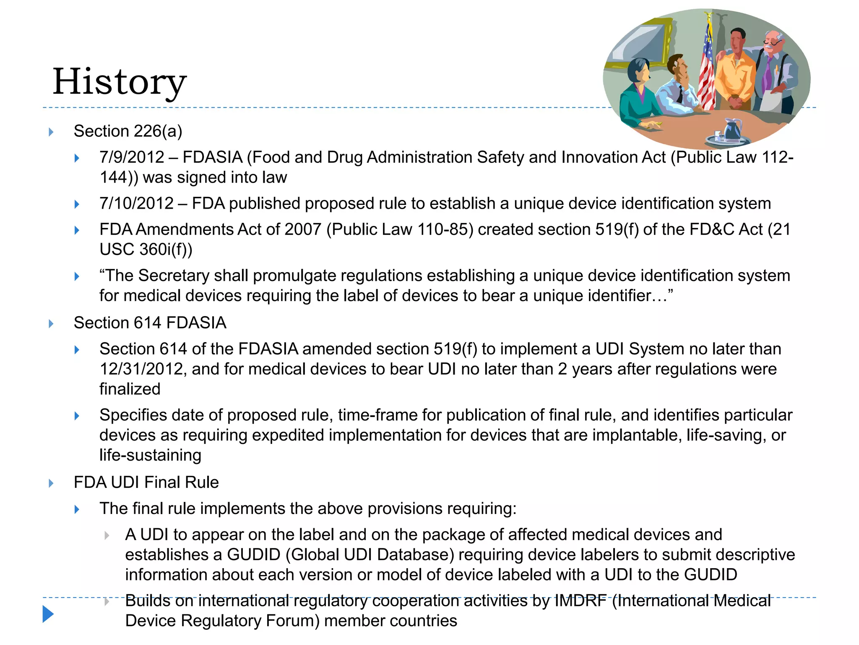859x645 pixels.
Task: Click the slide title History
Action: click(120, 82)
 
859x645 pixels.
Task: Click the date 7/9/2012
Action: click(132, 157)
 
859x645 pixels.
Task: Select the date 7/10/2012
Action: click(136, 204)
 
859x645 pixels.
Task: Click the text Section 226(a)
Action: click(128, 131)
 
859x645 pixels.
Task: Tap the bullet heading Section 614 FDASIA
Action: click(150, 323)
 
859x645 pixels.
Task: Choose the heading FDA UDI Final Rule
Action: click(146, 482)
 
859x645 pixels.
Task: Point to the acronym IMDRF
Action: click(580, 601)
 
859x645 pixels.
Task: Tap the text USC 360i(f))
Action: click(146, 250)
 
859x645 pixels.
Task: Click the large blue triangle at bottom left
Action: click(48, 614)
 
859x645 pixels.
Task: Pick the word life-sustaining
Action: click(150, 456)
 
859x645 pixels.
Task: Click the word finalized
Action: click(130, 389)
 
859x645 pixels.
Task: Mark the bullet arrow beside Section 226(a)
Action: click(51, 132)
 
